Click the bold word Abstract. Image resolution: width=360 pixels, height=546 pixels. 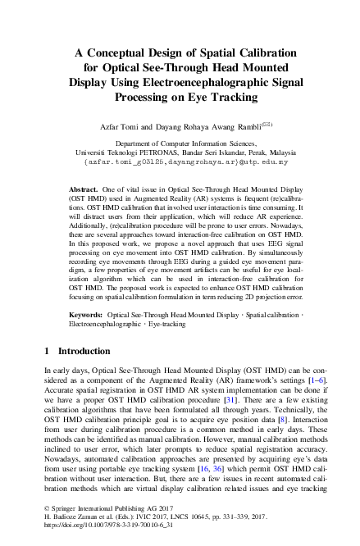pos(84,188)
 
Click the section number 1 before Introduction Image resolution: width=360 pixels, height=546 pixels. pos(47,374)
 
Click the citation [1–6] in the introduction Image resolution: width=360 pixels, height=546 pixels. pos(303,403)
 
